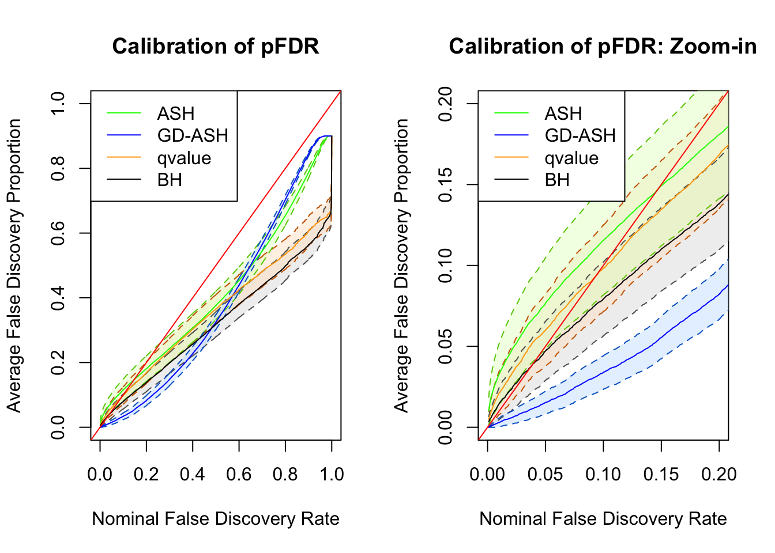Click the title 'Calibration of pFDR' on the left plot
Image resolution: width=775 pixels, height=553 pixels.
[216, 47]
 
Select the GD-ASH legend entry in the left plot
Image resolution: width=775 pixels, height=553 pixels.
[193, 135]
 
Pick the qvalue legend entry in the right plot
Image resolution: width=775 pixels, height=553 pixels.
[571, 158]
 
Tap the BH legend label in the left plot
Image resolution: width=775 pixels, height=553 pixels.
[170, 180]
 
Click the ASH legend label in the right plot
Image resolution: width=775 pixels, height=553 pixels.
[563, 113]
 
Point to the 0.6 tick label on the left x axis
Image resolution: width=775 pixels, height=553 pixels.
[239, 474]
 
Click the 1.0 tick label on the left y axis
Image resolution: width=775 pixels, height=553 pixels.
[58, 104]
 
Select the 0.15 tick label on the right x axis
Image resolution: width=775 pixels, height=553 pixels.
[661, 474]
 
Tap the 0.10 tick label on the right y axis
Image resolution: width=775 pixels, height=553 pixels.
[445, 266]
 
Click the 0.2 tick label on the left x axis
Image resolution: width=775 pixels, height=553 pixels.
[146, 474]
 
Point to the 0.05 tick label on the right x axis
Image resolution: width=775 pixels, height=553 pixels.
[545, 474]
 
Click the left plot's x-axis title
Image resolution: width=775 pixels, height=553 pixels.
[216, 518]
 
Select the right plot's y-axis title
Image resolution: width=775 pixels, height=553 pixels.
[401, 266]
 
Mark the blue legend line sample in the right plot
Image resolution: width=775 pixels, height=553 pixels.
[511, 135]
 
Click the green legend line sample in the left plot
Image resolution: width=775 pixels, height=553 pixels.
[123, 113]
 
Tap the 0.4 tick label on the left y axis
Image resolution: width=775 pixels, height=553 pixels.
[58, 298]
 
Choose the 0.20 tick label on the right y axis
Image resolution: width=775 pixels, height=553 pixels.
[445, 104]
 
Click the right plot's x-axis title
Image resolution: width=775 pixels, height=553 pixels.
[603, 518]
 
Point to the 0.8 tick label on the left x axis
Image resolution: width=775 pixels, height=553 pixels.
[285, 474]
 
